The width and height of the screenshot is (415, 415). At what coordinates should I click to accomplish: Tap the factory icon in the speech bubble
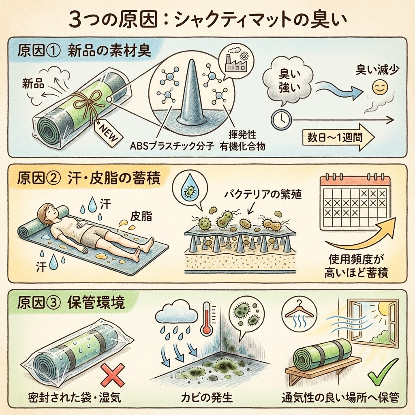[235, 61]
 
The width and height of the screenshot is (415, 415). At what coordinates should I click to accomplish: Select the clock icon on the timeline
[281, 120]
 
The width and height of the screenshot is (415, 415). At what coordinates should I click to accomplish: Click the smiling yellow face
[380, 88]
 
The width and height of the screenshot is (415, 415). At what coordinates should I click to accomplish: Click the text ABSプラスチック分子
[171, 146]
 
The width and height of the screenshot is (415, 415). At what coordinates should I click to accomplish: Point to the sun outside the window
[386, 309]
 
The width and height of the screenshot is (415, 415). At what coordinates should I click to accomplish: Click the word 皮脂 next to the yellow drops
[141, 216]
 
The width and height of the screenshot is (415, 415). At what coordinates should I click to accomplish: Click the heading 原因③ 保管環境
[71, 303]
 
